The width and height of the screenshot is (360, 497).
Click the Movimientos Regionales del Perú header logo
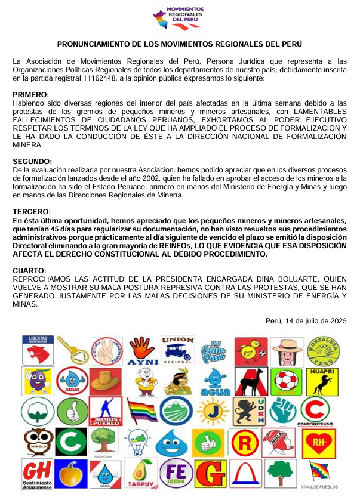179,17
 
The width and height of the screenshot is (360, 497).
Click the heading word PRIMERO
31,95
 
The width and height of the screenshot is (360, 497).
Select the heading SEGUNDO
32,162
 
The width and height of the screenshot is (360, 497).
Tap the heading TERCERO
32,212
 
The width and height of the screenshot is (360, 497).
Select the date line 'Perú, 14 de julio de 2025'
306,320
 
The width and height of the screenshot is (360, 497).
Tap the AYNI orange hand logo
143,351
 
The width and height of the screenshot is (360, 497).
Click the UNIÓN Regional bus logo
178,350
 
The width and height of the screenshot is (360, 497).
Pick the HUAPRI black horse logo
322,380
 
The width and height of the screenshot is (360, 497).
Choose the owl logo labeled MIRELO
36,443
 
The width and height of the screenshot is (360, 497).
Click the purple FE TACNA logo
177,473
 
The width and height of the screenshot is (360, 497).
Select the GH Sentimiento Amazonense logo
36,473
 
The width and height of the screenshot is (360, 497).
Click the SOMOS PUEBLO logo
107,412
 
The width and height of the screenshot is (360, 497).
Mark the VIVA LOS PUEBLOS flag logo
322,474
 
